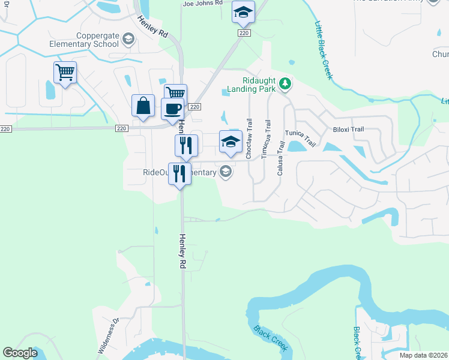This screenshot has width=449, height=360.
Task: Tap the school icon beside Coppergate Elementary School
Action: (127, 40)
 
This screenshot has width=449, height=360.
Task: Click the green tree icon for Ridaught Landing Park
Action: (286, 85)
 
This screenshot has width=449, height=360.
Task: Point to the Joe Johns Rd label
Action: (202, 3)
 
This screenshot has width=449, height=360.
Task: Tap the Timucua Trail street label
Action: (265, 142)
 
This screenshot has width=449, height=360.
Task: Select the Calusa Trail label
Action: (280, 158)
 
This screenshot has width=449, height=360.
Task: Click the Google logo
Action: (20, 353)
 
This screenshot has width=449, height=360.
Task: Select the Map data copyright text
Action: (423, 355)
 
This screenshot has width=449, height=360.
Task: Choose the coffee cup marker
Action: (173, 109)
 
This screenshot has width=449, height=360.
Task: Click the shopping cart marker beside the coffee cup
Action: (175, 94)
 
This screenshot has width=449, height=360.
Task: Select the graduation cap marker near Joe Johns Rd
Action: (243, 11)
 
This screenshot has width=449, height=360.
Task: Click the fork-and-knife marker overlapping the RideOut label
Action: (179, 174)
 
